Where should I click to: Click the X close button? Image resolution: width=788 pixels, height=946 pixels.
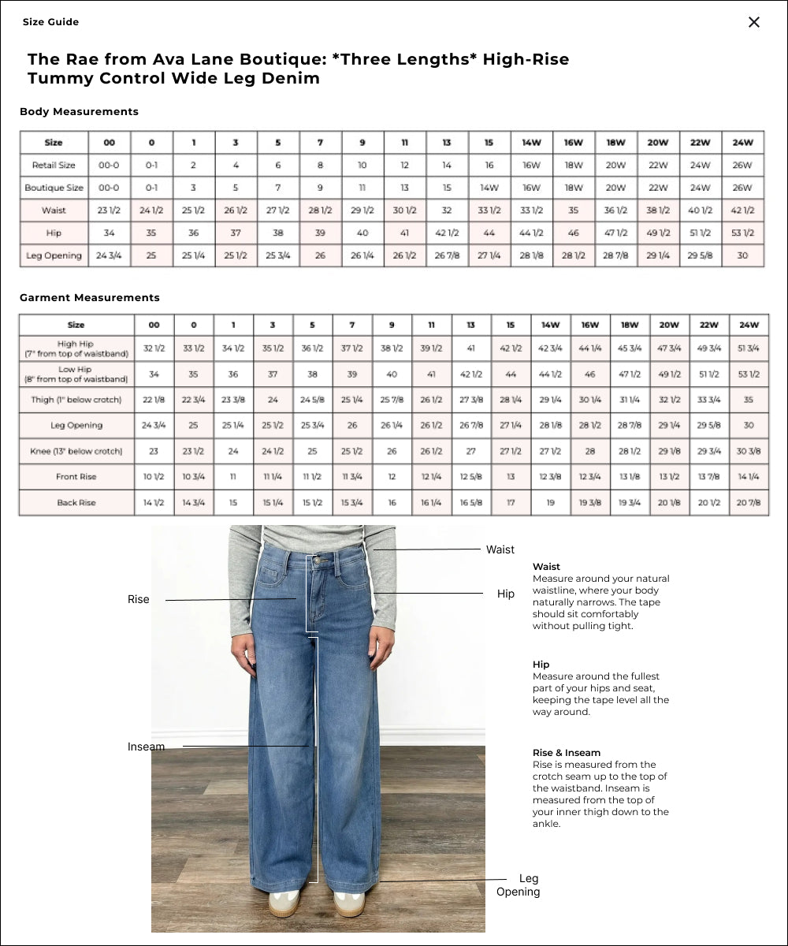point(754,22)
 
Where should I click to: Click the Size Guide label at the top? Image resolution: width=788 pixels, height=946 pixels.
point(50,22)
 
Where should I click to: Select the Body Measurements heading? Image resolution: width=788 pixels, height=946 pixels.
point(79,112)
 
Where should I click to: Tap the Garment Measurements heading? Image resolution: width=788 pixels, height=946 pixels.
point(89,298)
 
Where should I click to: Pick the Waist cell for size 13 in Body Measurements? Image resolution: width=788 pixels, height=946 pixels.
point(447,210)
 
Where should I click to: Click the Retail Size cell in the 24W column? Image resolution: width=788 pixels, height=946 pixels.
point(742,166)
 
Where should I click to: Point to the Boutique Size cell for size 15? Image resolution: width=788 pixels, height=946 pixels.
point(489,188)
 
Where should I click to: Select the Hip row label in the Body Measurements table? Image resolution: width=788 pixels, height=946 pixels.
point(54,233)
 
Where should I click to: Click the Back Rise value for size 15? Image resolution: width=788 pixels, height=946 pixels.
point(511,502)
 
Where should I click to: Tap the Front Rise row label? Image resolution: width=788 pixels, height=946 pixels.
point(76,477)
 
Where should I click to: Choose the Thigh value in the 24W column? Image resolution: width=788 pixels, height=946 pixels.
point(749,400)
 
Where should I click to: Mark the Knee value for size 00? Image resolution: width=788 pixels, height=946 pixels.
point(154,452)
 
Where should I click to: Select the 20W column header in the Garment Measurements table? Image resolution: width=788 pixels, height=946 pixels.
point(669,325)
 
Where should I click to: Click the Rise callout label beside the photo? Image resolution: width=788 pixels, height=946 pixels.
point(139,600)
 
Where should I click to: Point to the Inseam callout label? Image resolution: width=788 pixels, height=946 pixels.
point(147,747)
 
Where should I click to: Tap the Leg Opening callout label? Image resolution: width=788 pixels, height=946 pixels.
point(519,885)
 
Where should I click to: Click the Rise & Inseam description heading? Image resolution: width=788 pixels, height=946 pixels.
point(567,753)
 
